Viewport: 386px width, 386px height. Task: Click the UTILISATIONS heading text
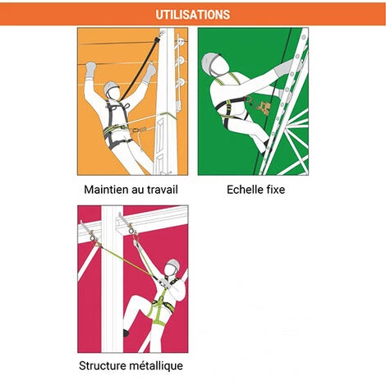tap(193, 15)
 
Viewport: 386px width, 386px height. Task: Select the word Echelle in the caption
tap(245, 190)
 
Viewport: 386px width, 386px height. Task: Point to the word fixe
tap(275, 190)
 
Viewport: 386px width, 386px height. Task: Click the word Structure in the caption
tap(102, 365)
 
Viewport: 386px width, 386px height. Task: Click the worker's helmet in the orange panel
tap(111, 87)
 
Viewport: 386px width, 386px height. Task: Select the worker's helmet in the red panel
tap(174, 264)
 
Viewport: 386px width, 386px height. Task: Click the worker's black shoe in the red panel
tap(126, 333)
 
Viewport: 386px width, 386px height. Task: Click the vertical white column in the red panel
tap(113, 278)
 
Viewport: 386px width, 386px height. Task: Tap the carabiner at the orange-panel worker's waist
tap(138, 129)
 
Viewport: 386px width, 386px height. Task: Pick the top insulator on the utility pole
tap(181, 43)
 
